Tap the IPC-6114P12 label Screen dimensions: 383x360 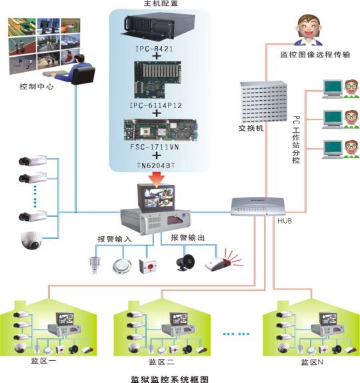[156, 105]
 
